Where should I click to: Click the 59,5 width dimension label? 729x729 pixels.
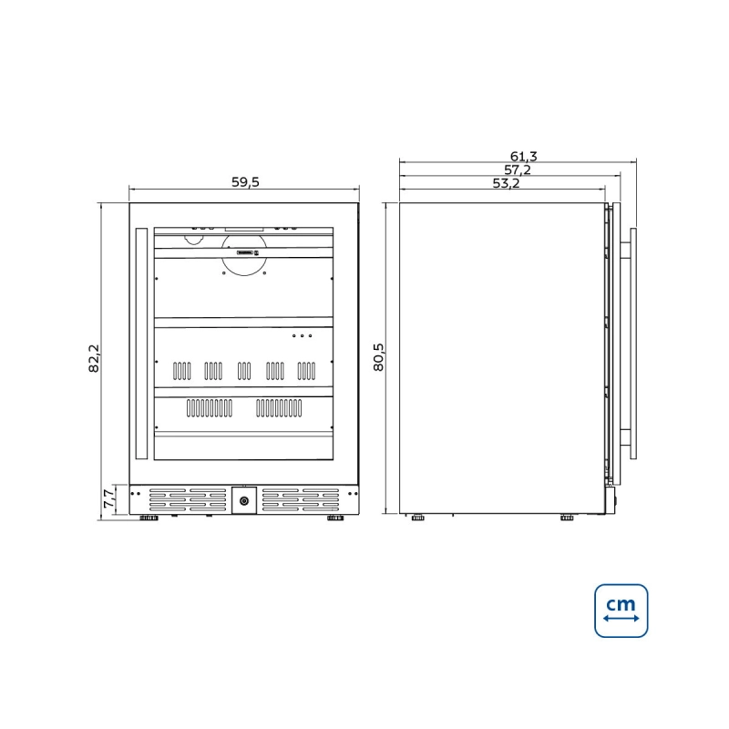pos(245,182)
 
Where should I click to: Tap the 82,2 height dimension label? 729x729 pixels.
pos(94,358)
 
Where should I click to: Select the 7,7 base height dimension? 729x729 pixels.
pos(108,498)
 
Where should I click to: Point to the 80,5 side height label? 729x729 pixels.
pos(379,357)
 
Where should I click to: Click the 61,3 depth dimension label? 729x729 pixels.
pos(523,156)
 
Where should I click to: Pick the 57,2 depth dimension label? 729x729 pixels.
pos(518,169)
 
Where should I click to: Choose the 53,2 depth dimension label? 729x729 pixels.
pos(507,184)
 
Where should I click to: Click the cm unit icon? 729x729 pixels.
pos(621,611)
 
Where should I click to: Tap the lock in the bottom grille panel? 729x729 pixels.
pos(244,500)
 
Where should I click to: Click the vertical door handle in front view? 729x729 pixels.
pos(141,344)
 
